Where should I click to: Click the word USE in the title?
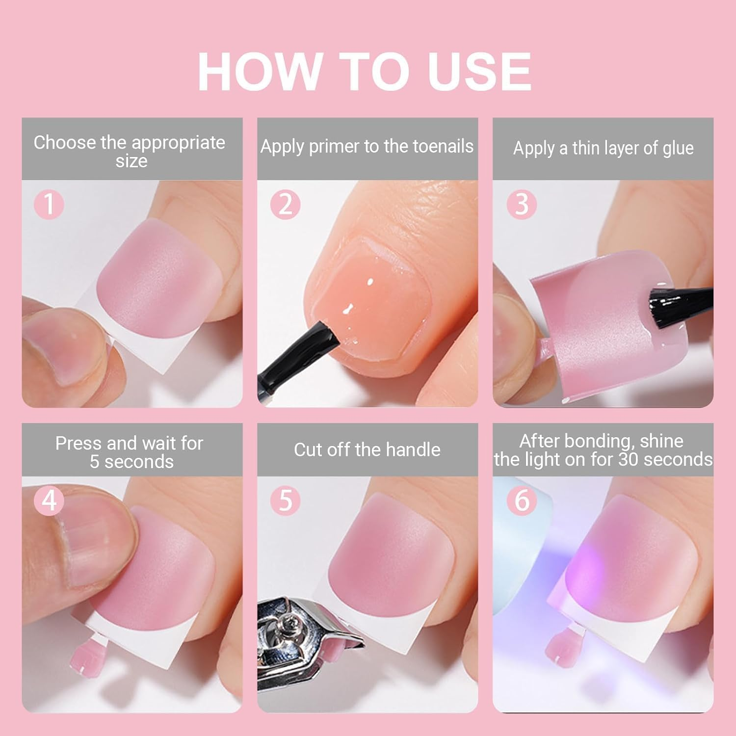[479, 72]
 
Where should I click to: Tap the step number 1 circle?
[49, 204]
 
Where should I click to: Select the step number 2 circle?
[285, 204]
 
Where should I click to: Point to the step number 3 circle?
[522, 204]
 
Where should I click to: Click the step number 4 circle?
[49, 500]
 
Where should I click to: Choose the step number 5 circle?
[285, 500]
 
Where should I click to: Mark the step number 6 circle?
[522, 500]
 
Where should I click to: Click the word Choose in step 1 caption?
[65, 143]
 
